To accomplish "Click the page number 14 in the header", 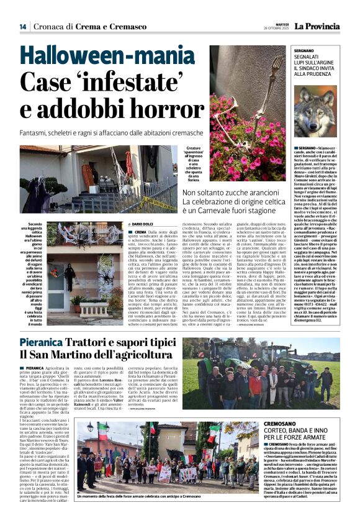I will [x=22, y=27].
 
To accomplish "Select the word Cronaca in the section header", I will [x=52, y=27].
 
